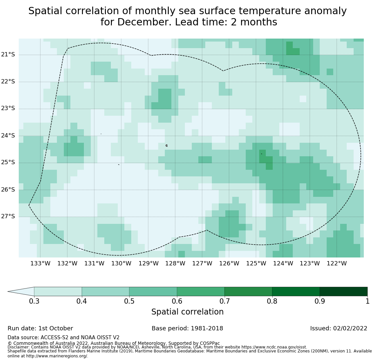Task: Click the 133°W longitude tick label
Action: [x=40, y=263]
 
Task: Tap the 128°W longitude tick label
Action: [x=175, y=263]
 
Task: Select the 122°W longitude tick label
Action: [x=337, y=263]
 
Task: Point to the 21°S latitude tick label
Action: [x=8, y=54]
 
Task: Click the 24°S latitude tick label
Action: [x=8, y=135]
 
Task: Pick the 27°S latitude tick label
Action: [x=8, y=216]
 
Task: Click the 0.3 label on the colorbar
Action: [x=34, y=301]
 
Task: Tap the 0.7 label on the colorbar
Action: [x=225, y=301]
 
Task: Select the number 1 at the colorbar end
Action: [x=367, y=301]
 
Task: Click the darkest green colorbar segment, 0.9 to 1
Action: [x=343, y=291]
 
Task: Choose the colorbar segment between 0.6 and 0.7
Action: [x=201, y=291]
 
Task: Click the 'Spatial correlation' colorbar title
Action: [x=187, y=312]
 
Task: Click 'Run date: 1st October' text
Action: [x=40, y=328]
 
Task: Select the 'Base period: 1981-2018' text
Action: [x=187, y=328]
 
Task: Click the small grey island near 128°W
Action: [x=166, y=145]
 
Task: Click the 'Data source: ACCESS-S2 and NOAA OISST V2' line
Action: [x=63, y=338]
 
